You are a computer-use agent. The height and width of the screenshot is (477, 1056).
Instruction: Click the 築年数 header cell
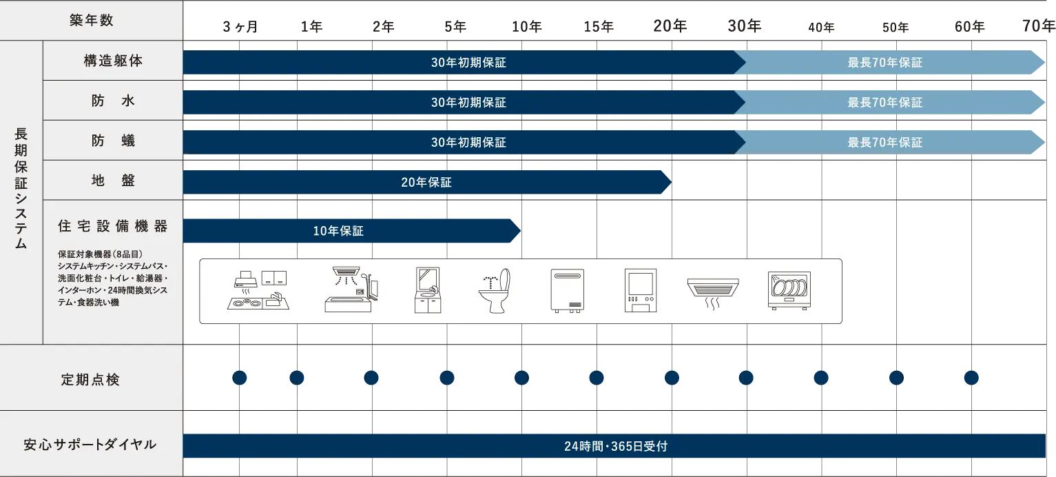(91, 21)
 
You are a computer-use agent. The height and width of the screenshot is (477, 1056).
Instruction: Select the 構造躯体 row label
(113, 61)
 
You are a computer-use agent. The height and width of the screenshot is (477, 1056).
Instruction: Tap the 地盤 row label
(113, 181)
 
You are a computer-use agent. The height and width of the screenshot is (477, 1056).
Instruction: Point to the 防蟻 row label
(113, 141)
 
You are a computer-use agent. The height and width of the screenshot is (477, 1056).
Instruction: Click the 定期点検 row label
(91, 379)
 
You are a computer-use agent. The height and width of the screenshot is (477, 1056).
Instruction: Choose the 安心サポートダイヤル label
(91, 445)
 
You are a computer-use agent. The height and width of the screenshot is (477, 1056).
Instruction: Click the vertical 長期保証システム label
(21, 189)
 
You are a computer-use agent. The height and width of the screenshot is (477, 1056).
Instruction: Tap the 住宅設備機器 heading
(113, 226)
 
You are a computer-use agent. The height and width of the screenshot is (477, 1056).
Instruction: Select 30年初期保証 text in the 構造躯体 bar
(468, 63)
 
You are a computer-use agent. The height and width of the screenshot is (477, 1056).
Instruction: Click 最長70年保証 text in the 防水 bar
(884, 103)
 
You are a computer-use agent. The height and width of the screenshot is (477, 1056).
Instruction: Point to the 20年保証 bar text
(426, 183)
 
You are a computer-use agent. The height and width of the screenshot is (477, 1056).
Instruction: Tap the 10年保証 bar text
(338, 232)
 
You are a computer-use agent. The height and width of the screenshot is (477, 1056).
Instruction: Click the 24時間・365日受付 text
(615, 446)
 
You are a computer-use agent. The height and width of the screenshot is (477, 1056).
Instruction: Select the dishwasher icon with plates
(789, 291)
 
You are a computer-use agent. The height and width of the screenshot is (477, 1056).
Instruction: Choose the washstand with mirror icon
(428, 291)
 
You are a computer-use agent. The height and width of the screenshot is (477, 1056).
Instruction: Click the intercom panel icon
(641, 291)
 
